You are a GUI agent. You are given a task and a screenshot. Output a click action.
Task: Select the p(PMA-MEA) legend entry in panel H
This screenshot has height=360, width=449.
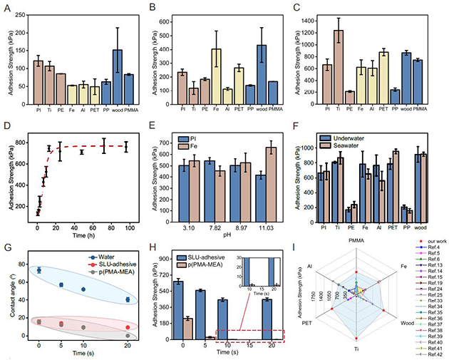coord(208,263)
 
